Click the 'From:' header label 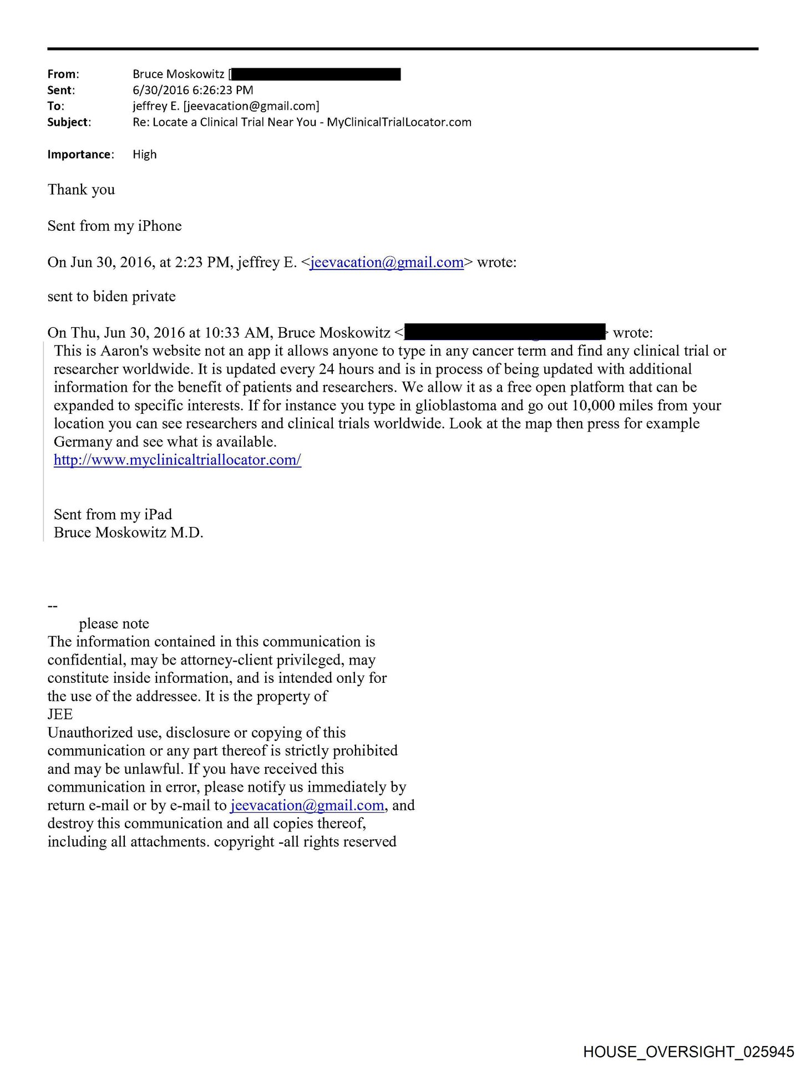pyautogui.click(x=63, y=74)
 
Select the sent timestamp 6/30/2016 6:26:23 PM pyautogui.click(x=192, y=90)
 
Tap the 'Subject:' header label pyautogui.click(x=69, y=123)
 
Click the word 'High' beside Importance pyautogui.click(x=145, y=155)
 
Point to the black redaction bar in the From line pyautogui.click(x=316, y=74)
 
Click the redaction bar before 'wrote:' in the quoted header pyautogui.click(x=504, y=332)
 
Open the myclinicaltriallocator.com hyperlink pyautogui.click(x=178, y=460)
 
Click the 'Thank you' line pyautogui.click(x=81, y=190)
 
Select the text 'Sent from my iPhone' pyautogui.click(x=114, y=226)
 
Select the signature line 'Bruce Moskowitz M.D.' pyautogui.click(x=128, y=533)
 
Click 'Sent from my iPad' pyautogui.click(x=113, y=515)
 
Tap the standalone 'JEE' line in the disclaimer pyautogui.click(x=60, y=714)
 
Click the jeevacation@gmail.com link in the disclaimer pyautogui.click(x=307, y=805)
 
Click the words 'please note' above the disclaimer pyautogui.click(x=114, y=624)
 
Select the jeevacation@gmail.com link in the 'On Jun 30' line pyautogui.click(x=387, y=262)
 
